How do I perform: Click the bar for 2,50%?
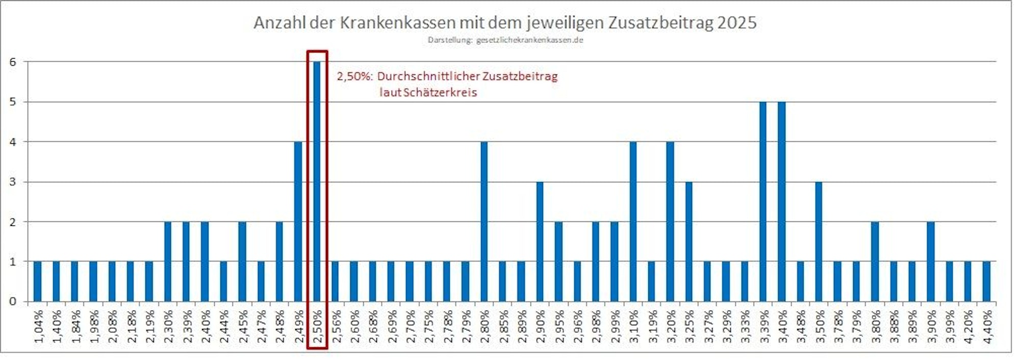pos(317,181)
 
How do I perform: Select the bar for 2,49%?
pos(298,221)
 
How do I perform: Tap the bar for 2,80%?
pos(484,221)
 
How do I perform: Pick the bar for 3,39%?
pos(763,201)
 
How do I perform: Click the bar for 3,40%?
pos(781,201)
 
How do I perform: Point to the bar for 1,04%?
pos(37,281)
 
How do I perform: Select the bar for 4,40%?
pos(986,281)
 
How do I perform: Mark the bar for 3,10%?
pos(633,221)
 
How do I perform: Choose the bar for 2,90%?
pos(540,241)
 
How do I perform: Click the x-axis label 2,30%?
pos(168,326)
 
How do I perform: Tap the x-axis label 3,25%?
pos(689,326)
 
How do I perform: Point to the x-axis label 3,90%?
pos(931,326)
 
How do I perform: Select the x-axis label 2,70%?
pos(410,326)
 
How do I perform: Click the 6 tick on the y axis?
pos(13,62)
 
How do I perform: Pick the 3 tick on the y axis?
pos(13,182)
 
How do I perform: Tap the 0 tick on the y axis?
pos(13,301)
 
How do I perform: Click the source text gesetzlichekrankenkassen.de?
pos(529,40)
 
